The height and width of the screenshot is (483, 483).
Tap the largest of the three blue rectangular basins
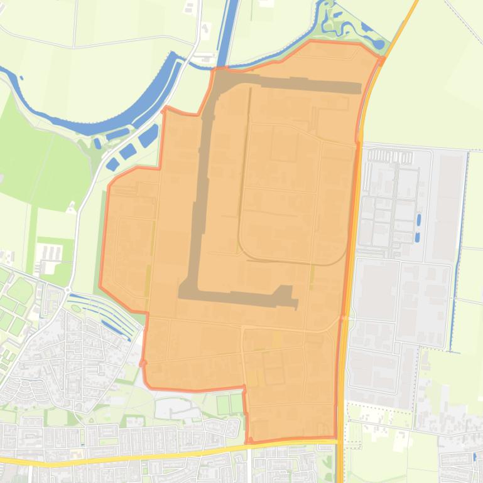point(149,135)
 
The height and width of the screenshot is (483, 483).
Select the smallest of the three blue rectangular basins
point(112,164)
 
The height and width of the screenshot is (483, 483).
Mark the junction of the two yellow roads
point(339,442)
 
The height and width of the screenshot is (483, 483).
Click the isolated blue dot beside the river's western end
point(21,78)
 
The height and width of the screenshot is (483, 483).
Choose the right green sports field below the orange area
point(236,403)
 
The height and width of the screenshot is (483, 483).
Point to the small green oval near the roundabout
point(77,307)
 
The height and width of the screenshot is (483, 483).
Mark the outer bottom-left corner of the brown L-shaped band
point(180,295)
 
